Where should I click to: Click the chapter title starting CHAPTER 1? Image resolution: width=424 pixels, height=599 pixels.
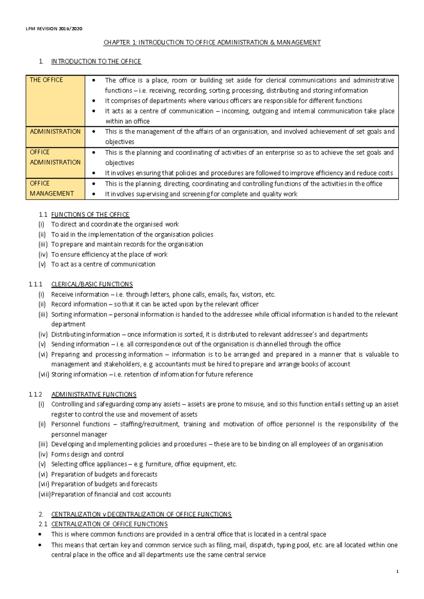click(212, 43)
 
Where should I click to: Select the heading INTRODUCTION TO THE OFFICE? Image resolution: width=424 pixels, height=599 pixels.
click(96, 61)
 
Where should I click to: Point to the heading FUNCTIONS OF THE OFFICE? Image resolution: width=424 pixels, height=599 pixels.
click(90, 214)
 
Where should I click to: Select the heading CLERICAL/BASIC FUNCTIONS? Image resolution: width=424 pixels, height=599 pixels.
click(92, 284)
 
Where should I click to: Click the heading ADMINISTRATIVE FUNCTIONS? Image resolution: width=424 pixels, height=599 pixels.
click(94, 394)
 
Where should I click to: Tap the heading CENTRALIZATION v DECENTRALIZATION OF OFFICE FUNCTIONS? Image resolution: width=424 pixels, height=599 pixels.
click(141, 514)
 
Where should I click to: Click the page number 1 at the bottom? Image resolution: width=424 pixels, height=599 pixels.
click(397, 572)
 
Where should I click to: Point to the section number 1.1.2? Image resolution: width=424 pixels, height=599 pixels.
click(36, 394)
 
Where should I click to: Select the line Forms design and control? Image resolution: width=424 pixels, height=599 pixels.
click(87, 454)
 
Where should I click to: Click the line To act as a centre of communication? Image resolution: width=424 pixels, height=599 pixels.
click(103, 264)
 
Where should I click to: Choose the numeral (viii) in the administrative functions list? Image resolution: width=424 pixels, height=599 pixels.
click(44, 494)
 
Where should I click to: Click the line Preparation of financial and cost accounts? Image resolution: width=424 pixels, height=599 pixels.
click(111, 494)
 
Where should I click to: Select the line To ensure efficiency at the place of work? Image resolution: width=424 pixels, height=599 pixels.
click(109, 254)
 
